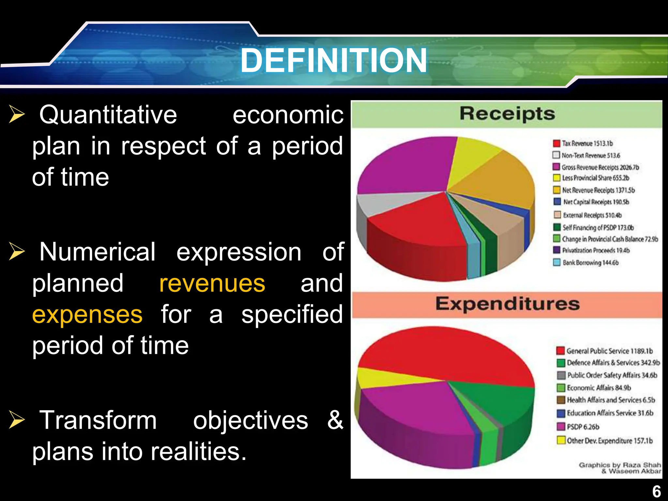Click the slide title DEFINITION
[333, 60]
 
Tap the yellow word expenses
[87, 314]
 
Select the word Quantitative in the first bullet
[108, 115]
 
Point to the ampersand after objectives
[335, 420]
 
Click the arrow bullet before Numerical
[17, 252]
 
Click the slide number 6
[657, 491]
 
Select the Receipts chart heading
[507, 114]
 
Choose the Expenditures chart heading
[507, 304]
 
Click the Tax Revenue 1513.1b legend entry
[587, 144]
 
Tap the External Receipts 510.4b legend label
[592, 215]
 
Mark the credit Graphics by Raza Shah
[620, 465]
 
